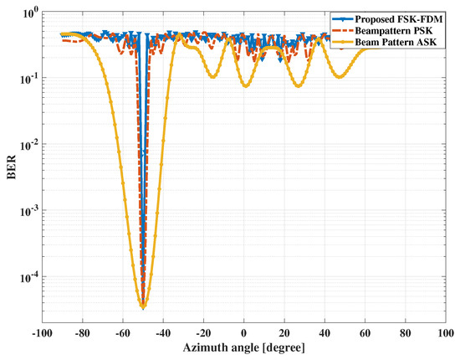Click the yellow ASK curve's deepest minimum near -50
click(x=142, y=307)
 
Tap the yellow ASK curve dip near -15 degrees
click(x=213, y=78)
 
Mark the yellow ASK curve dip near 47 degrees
click(x=340, y=77)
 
